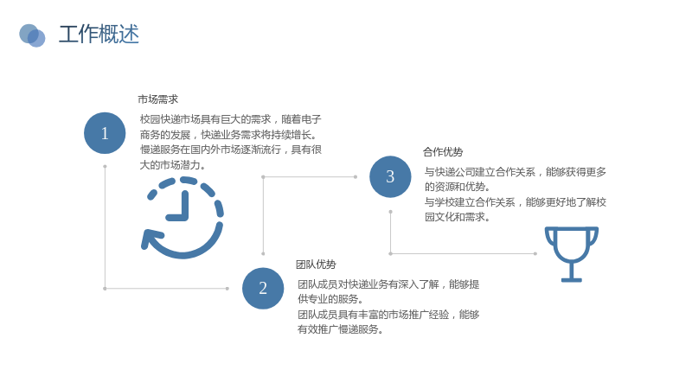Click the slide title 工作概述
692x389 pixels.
pyautogui.click(x=99, y=35)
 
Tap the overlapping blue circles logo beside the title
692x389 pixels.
pyautogui.click(x=32, y=35)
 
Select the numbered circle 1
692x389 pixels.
pyautogui.click(x=105, y=133)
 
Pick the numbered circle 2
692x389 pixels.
pyautogui.click(x=263, y=288)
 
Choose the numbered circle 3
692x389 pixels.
pyautogui.click(x=390, y=176)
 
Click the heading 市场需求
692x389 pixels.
pyautogui.click(x=158, y=99)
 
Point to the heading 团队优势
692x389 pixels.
pyautogui.click(x=316, y=265)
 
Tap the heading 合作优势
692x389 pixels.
pyautogui.click(x=443, y=152)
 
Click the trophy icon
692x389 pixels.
pyautogui.click(x=572, y=254)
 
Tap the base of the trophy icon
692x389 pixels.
pyautogui.click(x=572, y=279)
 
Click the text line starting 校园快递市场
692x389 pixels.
pyautogui.click(x=230, y=119)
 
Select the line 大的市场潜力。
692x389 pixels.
pyautogui.click(x=172, y=165)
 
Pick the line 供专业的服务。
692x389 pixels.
pyautogui.click(x=330, y=299)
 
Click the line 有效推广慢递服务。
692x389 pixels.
pyautogui.click(x=340, y=329)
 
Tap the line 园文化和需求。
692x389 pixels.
pyautogui.click(x=458, y=217)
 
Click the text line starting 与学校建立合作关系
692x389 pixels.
pyautogui.click(x=516, y=202)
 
